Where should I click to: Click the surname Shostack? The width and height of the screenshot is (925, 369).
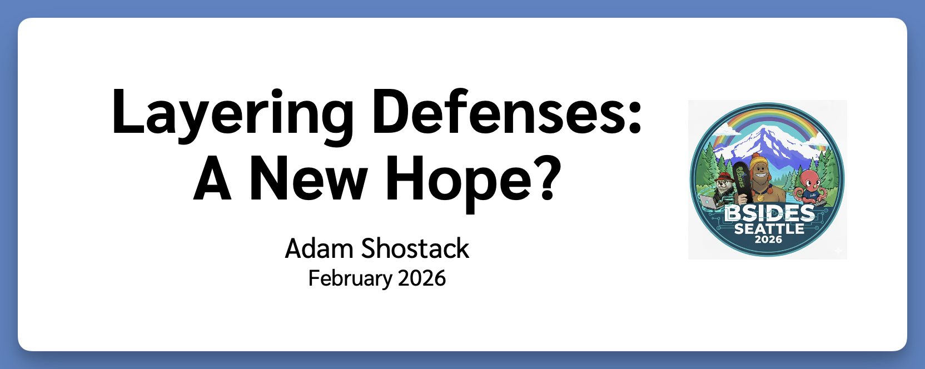tap(415, 248)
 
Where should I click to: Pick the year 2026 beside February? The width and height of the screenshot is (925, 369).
tap(422, 278)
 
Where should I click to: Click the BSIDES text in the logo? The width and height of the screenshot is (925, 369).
tap(769, 213)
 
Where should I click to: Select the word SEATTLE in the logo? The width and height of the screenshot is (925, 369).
tap(769, 228)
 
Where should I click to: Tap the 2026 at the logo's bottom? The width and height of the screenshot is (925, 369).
tap(768, 240)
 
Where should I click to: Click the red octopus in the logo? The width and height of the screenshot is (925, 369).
tap(809, 184)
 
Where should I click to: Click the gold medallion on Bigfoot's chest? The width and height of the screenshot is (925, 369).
tap(760, 197)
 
